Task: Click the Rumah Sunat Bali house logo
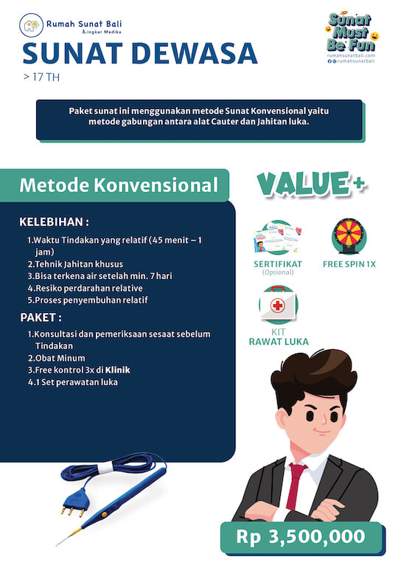(x=32, y=27)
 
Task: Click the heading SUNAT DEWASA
(x=140, y=53)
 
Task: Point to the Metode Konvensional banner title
(x=119, y=185)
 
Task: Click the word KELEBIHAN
(x=54, y=222)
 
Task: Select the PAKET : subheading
(x=40, y=317)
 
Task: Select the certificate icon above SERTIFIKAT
(x=278, y=238)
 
